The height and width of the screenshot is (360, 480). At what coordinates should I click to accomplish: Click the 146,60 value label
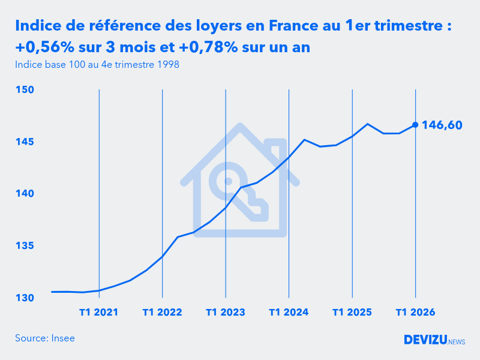442,125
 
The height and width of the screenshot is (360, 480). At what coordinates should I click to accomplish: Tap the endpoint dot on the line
415,125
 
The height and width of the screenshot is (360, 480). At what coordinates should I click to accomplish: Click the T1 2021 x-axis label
99,313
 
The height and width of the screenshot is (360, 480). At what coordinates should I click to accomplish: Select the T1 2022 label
162,313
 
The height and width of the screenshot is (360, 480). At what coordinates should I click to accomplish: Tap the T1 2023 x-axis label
226,313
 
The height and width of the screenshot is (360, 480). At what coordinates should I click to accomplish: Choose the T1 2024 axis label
289,313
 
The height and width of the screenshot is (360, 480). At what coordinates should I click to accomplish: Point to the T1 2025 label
352,313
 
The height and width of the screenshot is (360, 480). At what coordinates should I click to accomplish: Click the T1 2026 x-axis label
415,313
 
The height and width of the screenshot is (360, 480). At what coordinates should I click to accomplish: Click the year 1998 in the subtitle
168,64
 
